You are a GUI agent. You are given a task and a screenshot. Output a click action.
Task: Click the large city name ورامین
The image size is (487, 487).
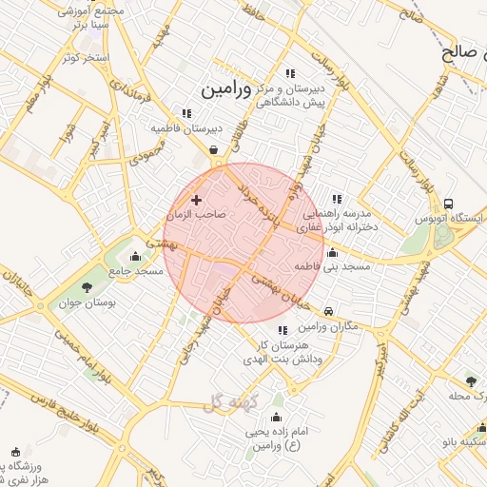(x=226, y=90)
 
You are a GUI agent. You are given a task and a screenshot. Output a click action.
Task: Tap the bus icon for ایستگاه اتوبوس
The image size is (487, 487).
(x=447, y=204)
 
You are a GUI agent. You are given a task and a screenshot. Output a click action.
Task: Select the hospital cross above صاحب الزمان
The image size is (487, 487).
(x=197, y=200)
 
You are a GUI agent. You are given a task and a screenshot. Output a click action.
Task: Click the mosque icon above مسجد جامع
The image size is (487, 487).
(x=135, y=256)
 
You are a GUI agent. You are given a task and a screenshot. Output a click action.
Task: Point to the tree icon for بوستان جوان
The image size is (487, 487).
(x=88, y=286)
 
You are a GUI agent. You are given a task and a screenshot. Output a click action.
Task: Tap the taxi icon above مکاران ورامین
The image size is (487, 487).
(x=328, y=311)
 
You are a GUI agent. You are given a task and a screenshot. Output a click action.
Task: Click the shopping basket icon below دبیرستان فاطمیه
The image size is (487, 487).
(x=214, y=149)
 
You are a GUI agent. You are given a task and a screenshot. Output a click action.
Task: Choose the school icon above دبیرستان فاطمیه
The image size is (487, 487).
(x=186, y=113)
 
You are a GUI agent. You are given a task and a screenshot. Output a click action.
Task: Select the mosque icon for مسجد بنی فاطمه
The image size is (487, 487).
(x=332, y=253)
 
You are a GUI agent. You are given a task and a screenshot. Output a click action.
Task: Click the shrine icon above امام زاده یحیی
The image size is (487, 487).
(x=277, y=418)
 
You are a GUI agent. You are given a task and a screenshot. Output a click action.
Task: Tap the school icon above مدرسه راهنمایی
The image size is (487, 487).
(x=337, y=199)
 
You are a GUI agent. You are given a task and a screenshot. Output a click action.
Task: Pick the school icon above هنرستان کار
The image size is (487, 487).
(x=282, y=330)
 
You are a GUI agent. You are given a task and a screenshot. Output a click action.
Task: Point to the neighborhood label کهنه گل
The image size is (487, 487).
(x=230, y=403)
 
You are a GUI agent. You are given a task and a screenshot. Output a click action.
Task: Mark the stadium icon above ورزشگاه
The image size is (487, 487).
(x=14, y=452)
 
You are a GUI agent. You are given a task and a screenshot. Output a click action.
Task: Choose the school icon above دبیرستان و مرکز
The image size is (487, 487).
(x=290, y=73)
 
